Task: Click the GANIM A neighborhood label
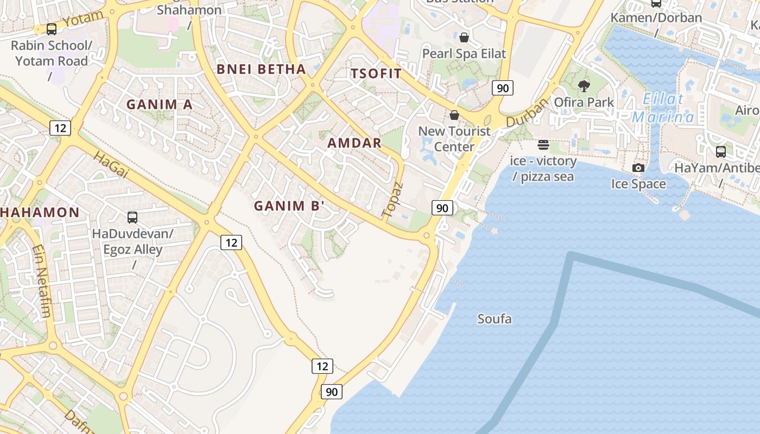(160, 104)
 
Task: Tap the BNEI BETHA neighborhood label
(261, 69)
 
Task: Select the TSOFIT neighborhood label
(376, 74)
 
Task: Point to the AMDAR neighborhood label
(354, 143)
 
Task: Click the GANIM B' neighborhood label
(289, 206)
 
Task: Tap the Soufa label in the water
(494, 319)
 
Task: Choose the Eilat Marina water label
(663, 108)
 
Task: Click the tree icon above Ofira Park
(584, 86)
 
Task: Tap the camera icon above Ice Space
(638, 168)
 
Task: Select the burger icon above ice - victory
(543, 145)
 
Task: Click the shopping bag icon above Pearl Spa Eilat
(464, 37)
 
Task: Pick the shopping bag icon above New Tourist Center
(454, 115)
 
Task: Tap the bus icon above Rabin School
(52, 29)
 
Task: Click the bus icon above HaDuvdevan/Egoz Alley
(132, 218)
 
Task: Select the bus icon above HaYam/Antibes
(720, 152)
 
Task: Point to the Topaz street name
(393, 200)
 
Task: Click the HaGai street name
(111, 165)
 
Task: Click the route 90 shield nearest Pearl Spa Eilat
(503, 87)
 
